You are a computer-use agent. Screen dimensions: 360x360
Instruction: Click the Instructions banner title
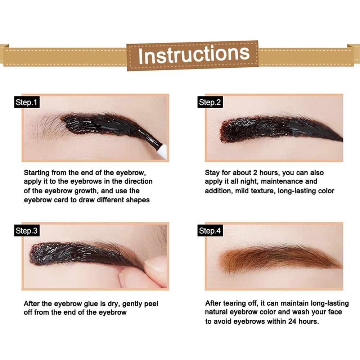coord(193,54)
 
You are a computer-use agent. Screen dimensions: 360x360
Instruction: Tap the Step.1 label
coord(26,103)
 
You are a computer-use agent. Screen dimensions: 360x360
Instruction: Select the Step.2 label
coord(210,103)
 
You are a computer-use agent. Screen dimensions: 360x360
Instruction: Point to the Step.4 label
coord(210,231)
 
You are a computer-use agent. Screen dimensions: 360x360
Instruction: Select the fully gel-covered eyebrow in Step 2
coord(277,129)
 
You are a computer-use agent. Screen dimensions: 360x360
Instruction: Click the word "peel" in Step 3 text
coord(151,303)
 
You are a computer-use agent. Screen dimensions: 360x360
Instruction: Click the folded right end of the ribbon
coord(354,54)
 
